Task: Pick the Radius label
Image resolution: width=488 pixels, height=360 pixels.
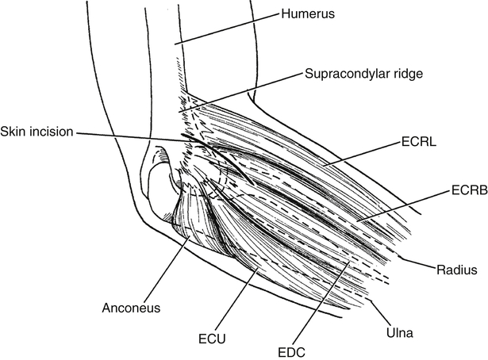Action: (x=457, y=270)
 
